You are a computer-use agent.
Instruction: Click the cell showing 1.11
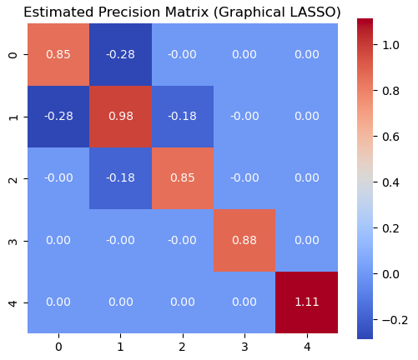point(307,302)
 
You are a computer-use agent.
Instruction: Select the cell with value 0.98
point(120,117)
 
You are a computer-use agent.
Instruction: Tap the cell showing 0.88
point(244,240)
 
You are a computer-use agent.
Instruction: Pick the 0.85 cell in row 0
point(58,54)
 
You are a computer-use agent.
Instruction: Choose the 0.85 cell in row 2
point(183,178)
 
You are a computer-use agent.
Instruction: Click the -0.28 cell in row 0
point(120,54)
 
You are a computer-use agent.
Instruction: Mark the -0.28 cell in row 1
point(58,117)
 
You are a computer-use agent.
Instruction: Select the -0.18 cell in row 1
point(183,117)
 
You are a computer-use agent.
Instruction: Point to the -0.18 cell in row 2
point(120,178)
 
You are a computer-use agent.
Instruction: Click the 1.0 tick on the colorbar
point(390,45)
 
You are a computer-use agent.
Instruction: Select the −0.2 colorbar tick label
point(395,320)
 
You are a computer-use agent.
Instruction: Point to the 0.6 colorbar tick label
point(390,137)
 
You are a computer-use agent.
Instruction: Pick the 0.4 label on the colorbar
point(390,182)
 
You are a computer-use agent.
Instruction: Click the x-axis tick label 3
point(244,347)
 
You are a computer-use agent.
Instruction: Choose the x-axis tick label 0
point(58,347)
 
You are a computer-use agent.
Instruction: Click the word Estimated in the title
point(58,12)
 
